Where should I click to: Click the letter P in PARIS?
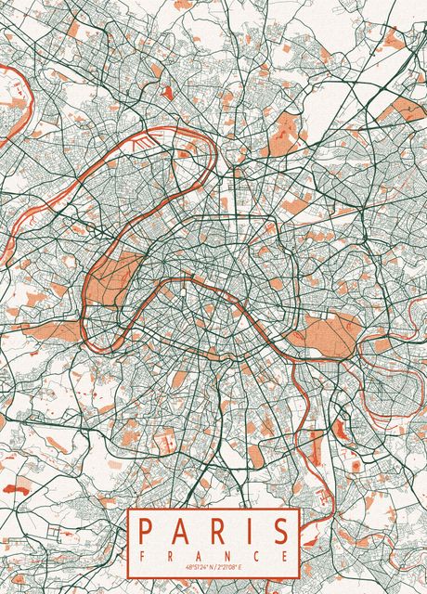[x=145, y=531]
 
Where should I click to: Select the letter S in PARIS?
[x=281, y=531]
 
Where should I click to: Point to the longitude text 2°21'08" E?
[x=234, y=568]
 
